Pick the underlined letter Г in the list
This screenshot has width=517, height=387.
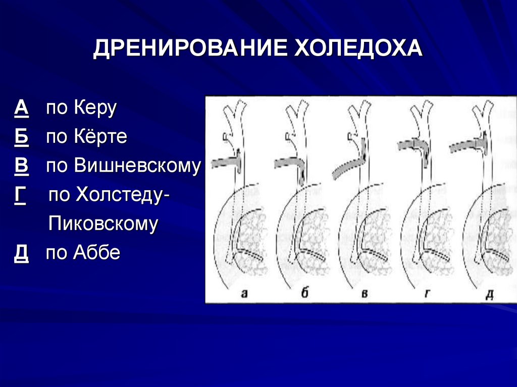tap(20, 195)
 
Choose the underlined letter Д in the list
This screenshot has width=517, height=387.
tap(21, 253)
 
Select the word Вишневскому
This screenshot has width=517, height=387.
tap(137, 167)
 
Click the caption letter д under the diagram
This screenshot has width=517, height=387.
tap(488, 294)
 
